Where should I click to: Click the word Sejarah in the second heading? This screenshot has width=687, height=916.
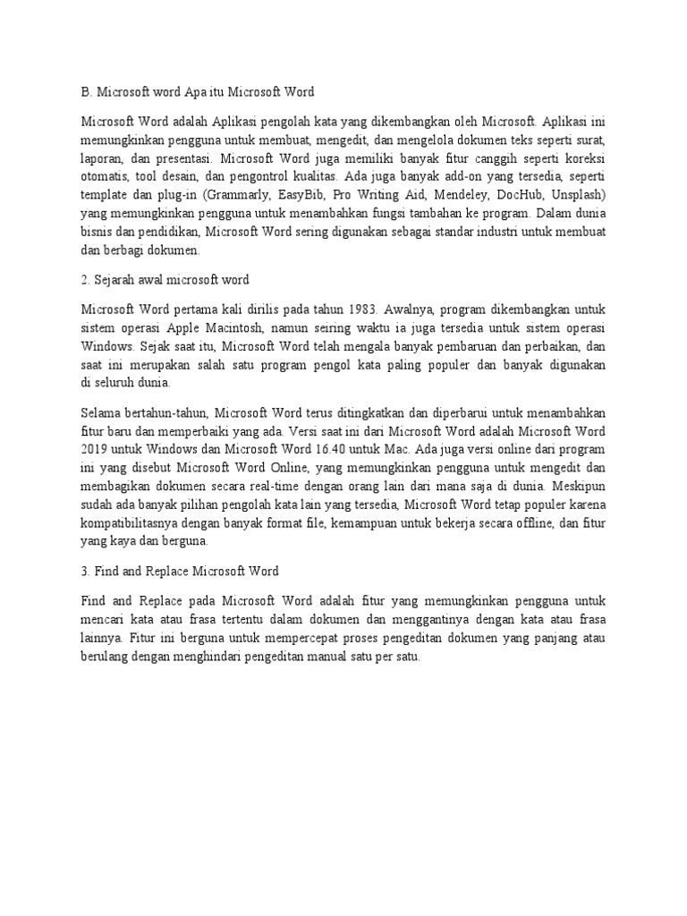[114, 279]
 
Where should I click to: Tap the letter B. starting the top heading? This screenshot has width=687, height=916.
[85, 91]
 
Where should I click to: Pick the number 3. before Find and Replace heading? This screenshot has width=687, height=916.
[85, 571]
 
